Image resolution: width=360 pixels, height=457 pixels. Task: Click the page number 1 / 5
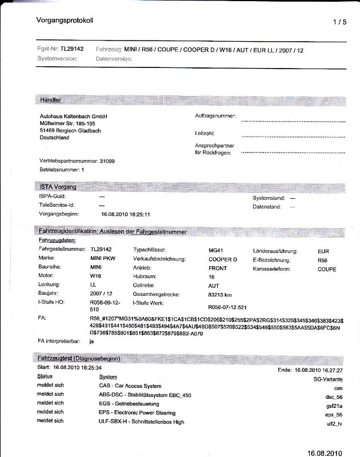click(x=339, y=22)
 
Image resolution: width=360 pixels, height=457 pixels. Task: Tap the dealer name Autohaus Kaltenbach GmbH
click(x=70, y=116)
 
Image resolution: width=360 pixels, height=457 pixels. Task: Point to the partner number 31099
click(x=107, y=162)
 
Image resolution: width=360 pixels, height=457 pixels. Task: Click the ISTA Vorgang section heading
click(x=57, y=187)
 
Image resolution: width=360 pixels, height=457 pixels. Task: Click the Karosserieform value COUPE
click(x=327, y=269)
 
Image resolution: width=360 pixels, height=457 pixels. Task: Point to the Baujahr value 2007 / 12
click(x=102, y=294)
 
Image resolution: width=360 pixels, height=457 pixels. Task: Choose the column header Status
click(x=45, y=376)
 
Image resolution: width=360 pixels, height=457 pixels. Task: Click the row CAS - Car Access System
click(x=130, y=386)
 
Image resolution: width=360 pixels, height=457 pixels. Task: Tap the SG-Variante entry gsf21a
click(x=333, y=406)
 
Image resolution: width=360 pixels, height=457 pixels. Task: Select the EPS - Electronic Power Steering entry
click(x=137, y=412)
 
